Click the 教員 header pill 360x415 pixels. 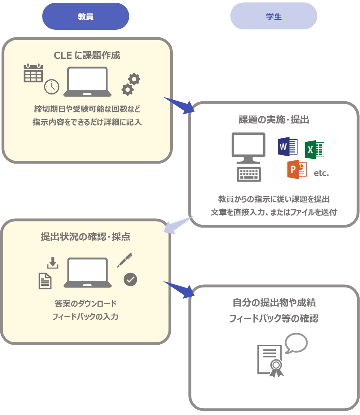[85, 17]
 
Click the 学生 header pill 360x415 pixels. [274, 17]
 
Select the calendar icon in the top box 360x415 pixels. [33, 73]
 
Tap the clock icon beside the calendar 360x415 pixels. [52, 87]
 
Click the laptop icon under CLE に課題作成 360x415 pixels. [87, 82]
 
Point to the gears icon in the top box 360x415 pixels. [131, 84]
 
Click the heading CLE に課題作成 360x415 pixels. [87, 55]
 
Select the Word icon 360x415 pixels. [288, 146]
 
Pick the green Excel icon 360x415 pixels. [315, 150]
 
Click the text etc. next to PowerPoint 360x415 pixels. [321, 173]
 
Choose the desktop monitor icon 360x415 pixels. [248, 147]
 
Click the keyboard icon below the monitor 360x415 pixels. [249, 174]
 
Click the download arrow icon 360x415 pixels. [52, 263]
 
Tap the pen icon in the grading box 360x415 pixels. [124, 260]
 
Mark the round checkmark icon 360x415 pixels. [130, 280]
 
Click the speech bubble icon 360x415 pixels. [296, 343]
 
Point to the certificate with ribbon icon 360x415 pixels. [271, 361]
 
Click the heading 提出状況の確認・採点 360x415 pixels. [85, 237]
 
